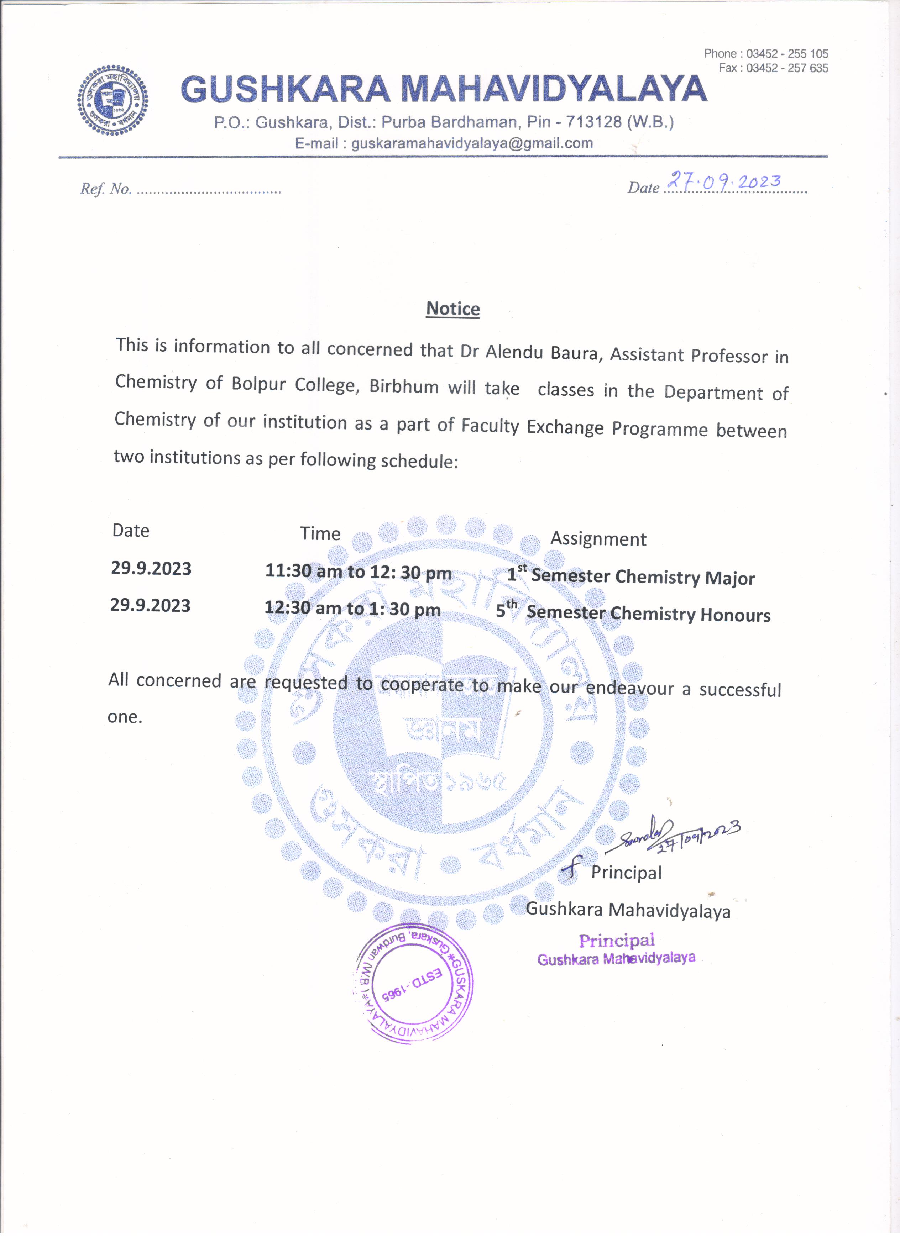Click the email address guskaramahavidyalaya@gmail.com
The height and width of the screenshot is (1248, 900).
pos(472,144)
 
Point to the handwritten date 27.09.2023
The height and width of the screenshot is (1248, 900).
pos(724,181)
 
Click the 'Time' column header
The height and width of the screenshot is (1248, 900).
pos(320,533)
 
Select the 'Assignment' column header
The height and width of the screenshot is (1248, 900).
pos(598,539)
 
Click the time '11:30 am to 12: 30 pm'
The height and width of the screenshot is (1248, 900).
pos(359,572)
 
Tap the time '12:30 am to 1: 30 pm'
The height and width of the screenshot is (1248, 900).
pos(352,608)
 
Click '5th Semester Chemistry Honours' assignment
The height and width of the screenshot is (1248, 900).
pos(633,612)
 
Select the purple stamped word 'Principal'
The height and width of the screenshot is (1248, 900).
pos(617,941)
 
